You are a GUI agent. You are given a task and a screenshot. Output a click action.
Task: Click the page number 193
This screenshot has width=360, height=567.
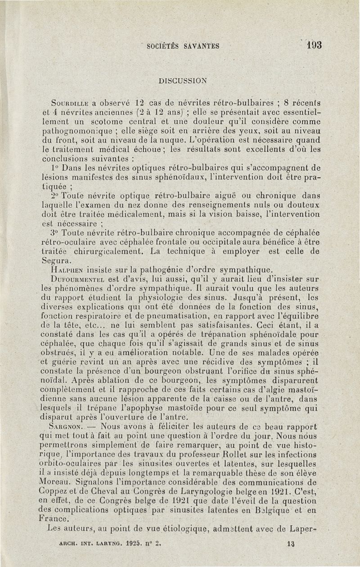click(313, 45)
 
